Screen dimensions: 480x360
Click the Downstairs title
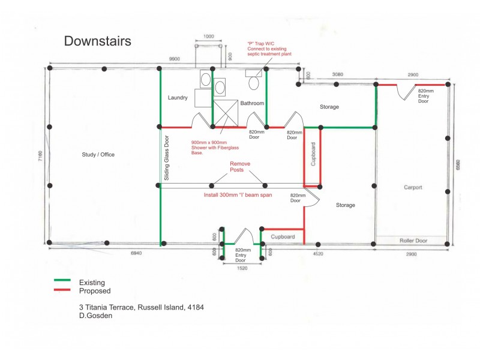click(97, 41)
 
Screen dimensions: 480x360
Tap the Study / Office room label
click(98, 155)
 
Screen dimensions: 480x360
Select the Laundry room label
click(178, 98)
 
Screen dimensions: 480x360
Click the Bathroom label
click(252, 103)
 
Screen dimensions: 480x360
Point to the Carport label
click(413, 187)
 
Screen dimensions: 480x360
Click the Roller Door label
click(413, 241)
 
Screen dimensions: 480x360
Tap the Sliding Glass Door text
click(167, 158)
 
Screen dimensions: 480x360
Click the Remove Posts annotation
click(239, 167)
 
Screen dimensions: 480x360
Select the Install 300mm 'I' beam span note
click(238, 195)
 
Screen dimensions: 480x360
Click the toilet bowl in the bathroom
click(253, 83)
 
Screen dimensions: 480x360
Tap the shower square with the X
click(226, 113)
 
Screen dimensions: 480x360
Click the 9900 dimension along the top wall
click(175, 59)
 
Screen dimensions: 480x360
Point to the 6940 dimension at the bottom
click(136, 253)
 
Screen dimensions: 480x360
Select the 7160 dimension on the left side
click(40, 156)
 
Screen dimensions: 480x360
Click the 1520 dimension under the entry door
click(242, 268)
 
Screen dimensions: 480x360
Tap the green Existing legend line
click(62, 280)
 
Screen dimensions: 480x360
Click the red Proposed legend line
click(62, 290)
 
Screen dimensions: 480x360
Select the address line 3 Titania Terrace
click(142, 307)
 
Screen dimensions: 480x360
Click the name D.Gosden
click(95, 316)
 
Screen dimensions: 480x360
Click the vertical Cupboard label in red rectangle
click(313, 154)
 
